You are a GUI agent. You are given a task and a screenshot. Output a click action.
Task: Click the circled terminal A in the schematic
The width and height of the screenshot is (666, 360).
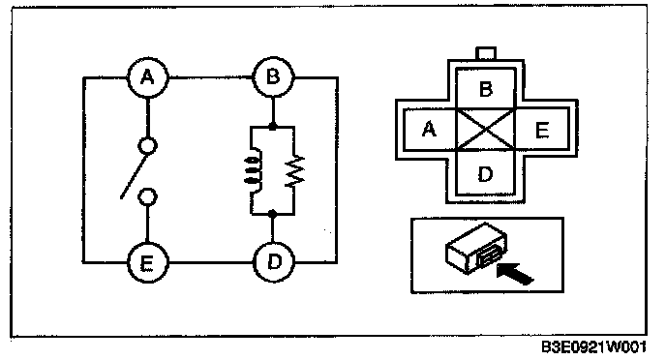(x=147, y=78)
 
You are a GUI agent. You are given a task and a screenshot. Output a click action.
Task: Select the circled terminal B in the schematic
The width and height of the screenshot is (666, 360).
(x=273, y=77)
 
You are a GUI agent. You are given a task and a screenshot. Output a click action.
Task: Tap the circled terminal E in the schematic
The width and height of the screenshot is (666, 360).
(x=147, y=263)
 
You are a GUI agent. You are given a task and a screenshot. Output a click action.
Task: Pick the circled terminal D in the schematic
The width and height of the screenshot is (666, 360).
(x=274, y=262)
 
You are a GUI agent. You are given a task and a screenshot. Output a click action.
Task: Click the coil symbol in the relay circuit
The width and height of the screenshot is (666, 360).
(x=253, y=170)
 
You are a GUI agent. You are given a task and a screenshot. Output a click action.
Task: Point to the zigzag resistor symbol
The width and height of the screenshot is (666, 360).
(x=295, y=170)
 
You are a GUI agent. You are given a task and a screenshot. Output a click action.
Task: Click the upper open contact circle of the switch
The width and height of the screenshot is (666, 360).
(x=147, y=146)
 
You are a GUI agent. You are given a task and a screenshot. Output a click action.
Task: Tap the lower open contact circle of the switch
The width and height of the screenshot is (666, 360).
(x=147, y=197)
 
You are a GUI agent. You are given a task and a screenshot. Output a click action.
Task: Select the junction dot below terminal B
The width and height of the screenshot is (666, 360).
(x=273, y=127)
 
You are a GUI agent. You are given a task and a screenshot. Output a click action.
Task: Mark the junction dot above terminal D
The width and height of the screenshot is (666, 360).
(x=273, y=214)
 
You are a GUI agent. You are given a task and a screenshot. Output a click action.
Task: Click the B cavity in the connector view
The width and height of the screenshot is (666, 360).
(x=486, y=89)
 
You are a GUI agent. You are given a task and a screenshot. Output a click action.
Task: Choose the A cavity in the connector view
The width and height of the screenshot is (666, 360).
(x=430, y=129)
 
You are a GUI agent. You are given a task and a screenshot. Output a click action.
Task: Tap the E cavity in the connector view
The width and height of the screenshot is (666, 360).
(x=542, y=129)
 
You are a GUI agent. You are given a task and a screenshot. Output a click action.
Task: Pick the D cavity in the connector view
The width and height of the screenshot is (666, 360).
(x=486, y=173)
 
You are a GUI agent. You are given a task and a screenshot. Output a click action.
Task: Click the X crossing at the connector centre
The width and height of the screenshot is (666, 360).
(x=486, y=129)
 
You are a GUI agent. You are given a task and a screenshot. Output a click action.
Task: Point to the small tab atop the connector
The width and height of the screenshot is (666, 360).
(x=486, y=53)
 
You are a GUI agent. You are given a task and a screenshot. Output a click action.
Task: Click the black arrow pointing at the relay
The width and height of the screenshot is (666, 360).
(x=515, y=274)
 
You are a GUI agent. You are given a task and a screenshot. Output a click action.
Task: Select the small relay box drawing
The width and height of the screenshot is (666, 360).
(x=475, y=249)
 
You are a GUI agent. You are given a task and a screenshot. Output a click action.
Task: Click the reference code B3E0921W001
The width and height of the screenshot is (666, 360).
(x=593, y=346)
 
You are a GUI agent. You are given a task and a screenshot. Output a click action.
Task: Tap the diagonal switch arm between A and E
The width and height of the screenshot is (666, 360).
(x=136, y=175)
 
